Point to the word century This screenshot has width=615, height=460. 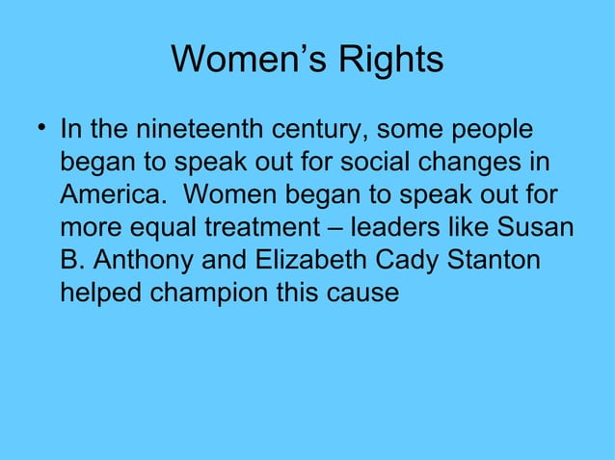[319, 129]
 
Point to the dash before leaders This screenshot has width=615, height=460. [339, 229]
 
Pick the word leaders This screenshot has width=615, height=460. [399, 229]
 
